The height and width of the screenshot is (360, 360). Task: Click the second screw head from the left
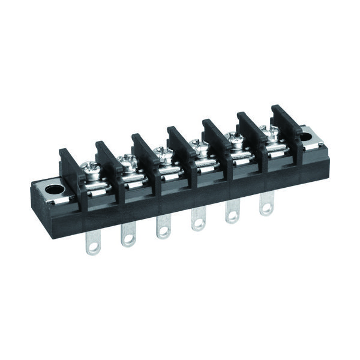pos(127,160)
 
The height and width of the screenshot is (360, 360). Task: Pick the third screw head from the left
pos(161,152)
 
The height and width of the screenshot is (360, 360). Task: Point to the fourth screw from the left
pos(196,144)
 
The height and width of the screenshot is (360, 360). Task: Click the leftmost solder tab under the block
pos(93,244)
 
